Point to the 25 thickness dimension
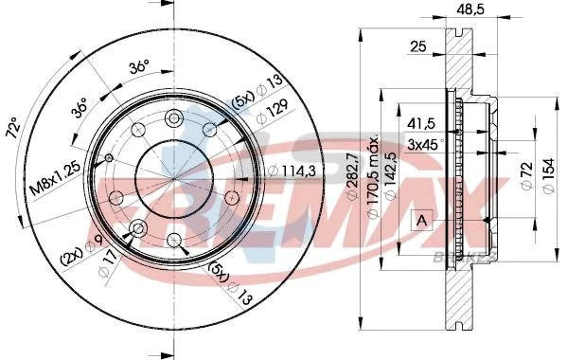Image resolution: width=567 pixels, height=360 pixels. point(414,45)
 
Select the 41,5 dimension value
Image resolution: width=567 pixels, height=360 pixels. point(421,124)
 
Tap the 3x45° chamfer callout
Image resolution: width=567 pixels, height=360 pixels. point(426,144)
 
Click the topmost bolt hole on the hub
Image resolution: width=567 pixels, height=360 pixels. point(172,118)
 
